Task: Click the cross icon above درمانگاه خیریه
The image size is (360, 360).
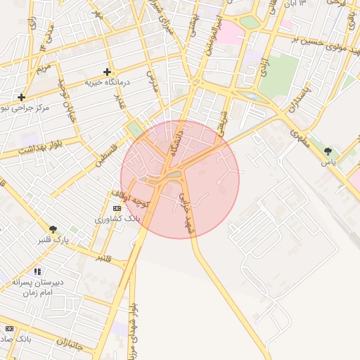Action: tap(107, 72)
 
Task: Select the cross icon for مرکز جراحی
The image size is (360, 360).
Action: tap(22, 97)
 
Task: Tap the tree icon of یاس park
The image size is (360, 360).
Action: tap(328, 151)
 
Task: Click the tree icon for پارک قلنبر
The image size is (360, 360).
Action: tap(53, 229)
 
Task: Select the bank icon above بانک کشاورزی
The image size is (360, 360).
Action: tap(117, 208)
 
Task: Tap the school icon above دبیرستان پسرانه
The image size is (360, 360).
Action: tap(37, 271)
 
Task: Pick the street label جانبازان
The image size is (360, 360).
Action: tap(71, 345)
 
